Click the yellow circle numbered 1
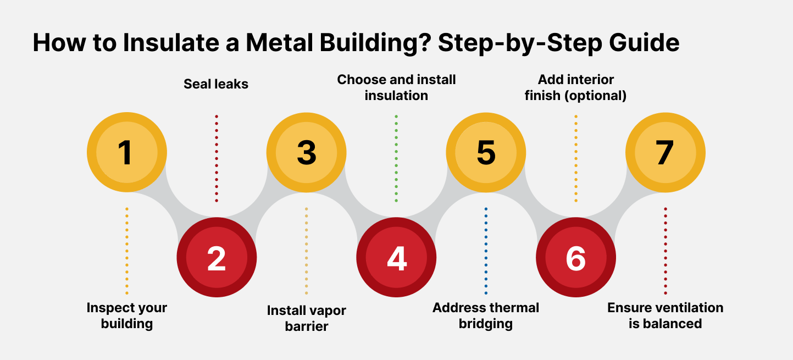pyautogui.click(x=127, y=152)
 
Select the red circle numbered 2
pyautogui.click(x=217, y=257)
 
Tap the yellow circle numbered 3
pyautogui.click(x=306, y=152)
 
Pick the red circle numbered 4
pyautogui.click(x=396, y=257)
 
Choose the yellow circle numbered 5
pyautogui.click(x=486, y=152)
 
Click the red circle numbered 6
pyautogui.click(x=575, y=257)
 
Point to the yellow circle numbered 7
pyautogui.click(x=665, y=152)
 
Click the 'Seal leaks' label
pyautogui.click(x=216, y=84)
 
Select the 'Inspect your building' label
pyautogui.click(x=127, y=315)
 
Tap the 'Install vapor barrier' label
pyautogui.click(x=306, y=318)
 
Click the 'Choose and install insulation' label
pyautogui.click(x=396, y=87)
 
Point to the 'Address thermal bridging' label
pyautogui.click(x=486, y=315)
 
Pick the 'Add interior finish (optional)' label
pyautogui.click(x=575, y=87)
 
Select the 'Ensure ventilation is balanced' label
pyautogui.click(x=665, y=315)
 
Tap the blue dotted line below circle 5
pyautogui.click(x=486, y=251)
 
